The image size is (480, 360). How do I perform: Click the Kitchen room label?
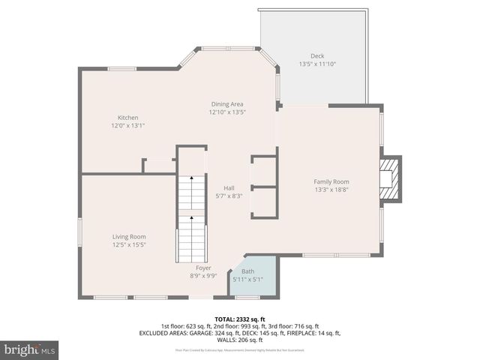(127, 118)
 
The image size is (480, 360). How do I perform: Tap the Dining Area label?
(226, 104)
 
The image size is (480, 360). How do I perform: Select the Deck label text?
(317, 56)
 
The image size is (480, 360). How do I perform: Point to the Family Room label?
(331, 181)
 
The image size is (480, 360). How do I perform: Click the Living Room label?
(128, 236)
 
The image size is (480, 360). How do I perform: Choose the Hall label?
(229, 188)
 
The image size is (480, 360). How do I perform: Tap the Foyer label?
(203, 268)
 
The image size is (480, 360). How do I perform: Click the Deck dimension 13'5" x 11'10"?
(317, 64)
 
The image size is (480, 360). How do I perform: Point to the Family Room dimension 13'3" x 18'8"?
(331, 190)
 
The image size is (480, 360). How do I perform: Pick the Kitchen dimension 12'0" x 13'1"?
(127, 126)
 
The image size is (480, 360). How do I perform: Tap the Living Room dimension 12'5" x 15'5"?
(128, 244)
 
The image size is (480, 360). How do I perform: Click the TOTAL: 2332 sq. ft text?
(240, 318)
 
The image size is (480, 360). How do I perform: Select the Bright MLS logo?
(29, 349)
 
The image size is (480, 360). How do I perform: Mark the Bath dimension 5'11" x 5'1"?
(247, 280)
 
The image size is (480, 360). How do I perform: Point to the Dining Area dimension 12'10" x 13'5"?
(226, 112)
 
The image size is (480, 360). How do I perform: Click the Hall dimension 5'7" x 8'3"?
(229, 196)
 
